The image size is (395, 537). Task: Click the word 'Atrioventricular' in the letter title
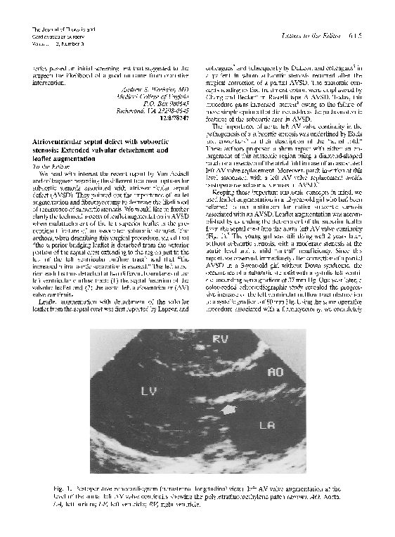coord(51,142)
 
